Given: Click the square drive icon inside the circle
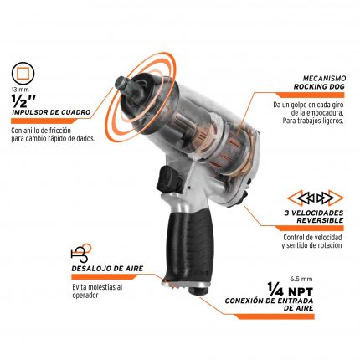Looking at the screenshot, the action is [24, 75].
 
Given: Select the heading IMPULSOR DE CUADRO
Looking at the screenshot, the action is [51, 112].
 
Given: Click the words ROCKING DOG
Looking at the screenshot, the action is [319, 86].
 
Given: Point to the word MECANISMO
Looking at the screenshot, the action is [324, 78].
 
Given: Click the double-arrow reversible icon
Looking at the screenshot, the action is [316, 198].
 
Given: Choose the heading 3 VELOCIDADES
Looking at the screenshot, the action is [314, 213].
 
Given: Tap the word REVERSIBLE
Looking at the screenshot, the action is [320, 220].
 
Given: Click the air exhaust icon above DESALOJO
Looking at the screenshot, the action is [81, 253].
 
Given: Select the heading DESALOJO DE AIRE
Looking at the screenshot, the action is [107, 269].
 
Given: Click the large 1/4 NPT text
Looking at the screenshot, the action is [291, 290].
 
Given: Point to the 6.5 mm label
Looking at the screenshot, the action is [301, 279].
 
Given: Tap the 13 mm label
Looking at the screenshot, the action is [20, 90].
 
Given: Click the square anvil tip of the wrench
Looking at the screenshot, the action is [121, 82].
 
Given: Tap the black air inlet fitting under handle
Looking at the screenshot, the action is [198, 291].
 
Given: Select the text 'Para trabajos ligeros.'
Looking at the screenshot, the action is [313, 121].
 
